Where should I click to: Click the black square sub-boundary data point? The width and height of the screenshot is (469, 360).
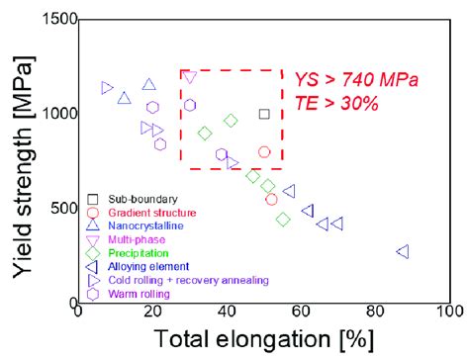tap(263, 114)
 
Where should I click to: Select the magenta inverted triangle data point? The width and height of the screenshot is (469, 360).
tap(190, 77)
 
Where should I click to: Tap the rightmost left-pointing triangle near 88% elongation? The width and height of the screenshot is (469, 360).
tap(403, 252)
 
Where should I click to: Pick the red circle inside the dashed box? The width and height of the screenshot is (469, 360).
tap(264, 152)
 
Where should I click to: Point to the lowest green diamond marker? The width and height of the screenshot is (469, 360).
tap(283, 220)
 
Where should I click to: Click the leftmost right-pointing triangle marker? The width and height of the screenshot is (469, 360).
tap(108, 88)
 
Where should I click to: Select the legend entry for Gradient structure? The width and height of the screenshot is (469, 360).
tap(151, 213)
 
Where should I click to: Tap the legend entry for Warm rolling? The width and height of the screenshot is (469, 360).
tap(141, 294)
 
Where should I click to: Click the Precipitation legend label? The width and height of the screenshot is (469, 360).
tap(143, 253)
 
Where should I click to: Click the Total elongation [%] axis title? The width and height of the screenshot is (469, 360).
tap(263, 339)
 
